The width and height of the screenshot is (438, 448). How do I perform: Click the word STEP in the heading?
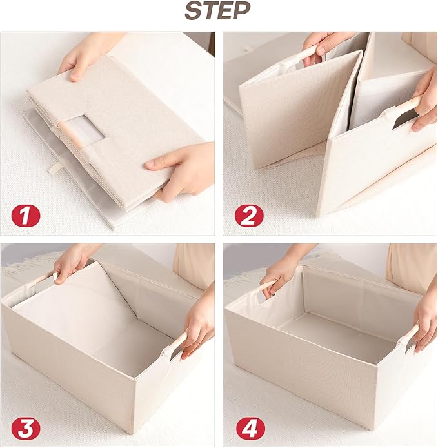217,10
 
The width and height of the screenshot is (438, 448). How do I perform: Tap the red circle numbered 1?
25,216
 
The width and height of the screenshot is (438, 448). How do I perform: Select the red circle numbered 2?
249,216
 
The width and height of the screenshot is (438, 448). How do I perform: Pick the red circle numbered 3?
26,428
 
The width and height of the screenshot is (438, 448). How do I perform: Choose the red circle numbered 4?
250,428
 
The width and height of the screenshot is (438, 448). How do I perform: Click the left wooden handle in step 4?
267,287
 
